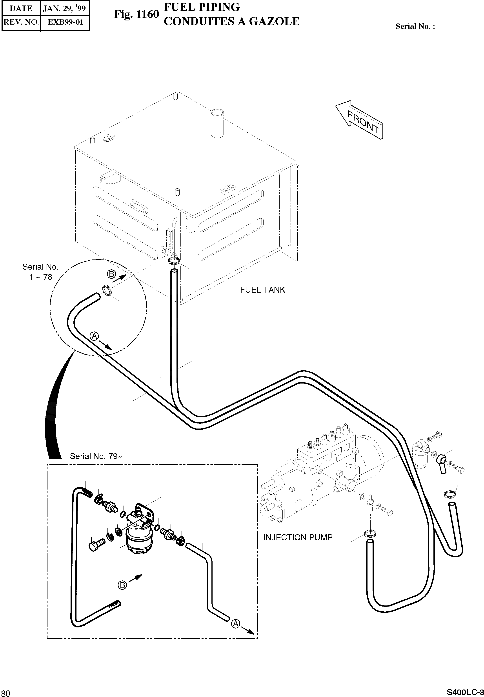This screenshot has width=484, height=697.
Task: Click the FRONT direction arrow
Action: coord(360,119)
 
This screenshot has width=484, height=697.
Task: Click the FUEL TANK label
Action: coord(263,290)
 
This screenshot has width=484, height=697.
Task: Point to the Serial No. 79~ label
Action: coord(96,456)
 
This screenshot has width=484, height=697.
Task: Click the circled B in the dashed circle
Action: coord(111,274)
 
